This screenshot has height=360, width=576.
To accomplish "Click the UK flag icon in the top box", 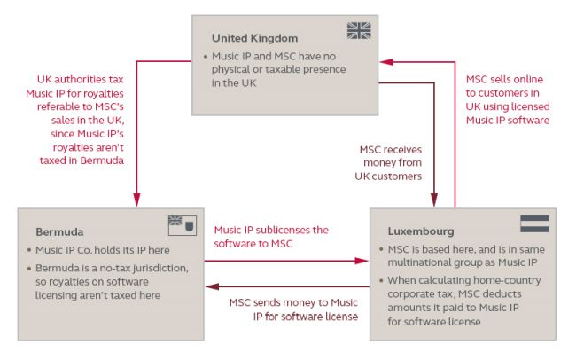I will pyautogui.click(x=359, y=31).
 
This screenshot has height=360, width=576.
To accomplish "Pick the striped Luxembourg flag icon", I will pyautogui.click(x=534, y=223).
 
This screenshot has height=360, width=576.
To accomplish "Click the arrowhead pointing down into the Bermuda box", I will pyautogui.click(x=136, y=200).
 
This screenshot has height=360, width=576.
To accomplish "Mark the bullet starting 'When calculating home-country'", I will pyautogui.click(x=462, y=304).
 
